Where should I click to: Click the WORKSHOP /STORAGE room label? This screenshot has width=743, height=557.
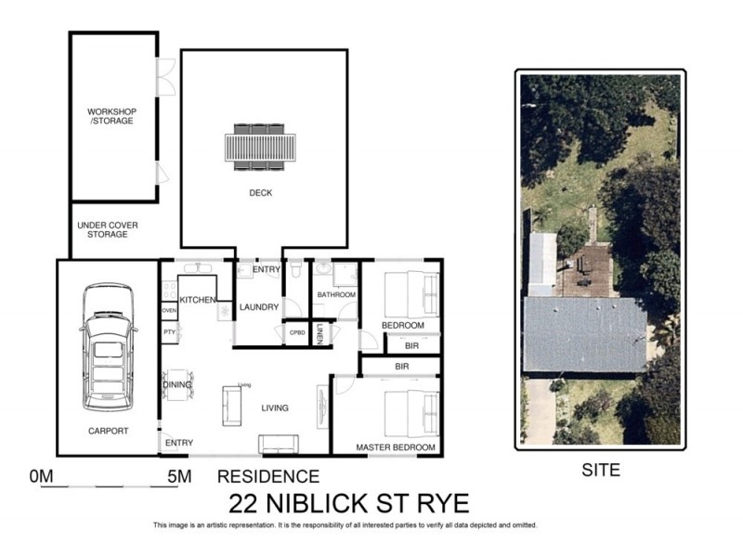(x=111, y=116)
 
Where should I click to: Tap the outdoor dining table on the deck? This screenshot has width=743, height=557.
(x=260, y=148)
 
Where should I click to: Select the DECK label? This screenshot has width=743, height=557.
(x=260, y=193)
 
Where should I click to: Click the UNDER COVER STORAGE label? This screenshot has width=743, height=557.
(x=102, y=229)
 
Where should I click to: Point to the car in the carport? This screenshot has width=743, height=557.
(x=107, y=348)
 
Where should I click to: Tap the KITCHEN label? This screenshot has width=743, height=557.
(x=198, y=300)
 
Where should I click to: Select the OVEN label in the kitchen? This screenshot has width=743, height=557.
(x=169, y=310)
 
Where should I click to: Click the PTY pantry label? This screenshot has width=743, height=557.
(x=169, y=331)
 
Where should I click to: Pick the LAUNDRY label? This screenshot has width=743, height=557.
(x=259, y=307)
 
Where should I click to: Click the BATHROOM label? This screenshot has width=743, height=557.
(x=336, y=295)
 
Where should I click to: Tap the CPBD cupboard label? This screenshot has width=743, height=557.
(x=297, y=332)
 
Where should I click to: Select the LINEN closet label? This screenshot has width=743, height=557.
(x=319, y=332)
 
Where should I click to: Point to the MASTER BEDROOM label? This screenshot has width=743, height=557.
(x=396, y=447)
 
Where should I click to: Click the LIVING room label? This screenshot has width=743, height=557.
(x=275, y=408)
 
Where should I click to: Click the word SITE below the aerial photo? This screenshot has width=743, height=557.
(x=600, y=471)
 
